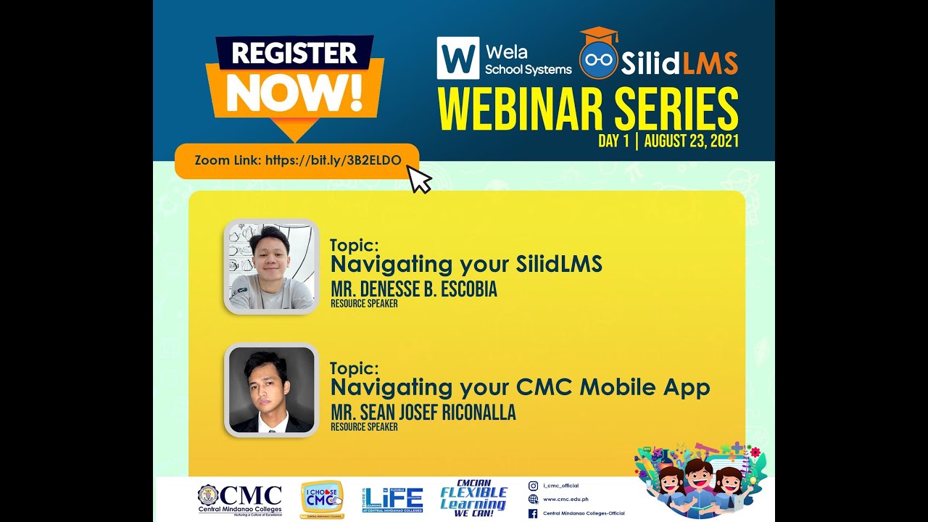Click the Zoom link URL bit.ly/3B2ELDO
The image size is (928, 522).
(x=333, y=160)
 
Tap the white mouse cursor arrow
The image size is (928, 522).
(x=419, y=179)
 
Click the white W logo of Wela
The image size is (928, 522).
(x=457, y=58)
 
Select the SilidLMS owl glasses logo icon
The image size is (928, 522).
(x=598, y=60)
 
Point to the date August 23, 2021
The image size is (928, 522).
(x=691, y=141)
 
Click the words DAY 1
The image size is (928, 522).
(x=613, y=141)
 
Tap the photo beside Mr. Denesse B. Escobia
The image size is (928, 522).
(x=271, y=266)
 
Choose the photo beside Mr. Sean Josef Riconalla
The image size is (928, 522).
(x=271, y=390)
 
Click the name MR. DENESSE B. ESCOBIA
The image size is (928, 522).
(x=413, y=289)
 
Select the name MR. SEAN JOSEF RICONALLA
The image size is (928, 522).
(x=423, y=413)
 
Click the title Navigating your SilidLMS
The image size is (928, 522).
(x=466, y=264)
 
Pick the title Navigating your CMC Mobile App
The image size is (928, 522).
(x=520, y=387)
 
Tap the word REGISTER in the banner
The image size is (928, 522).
(x=294, y=54)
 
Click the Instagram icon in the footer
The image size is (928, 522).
(x=533, y=486)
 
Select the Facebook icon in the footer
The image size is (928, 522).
(x=533, y=513)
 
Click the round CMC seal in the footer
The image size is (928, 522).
(x=207, y=495)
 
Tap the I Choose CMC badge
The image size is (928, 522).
(x=322, y=499)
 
